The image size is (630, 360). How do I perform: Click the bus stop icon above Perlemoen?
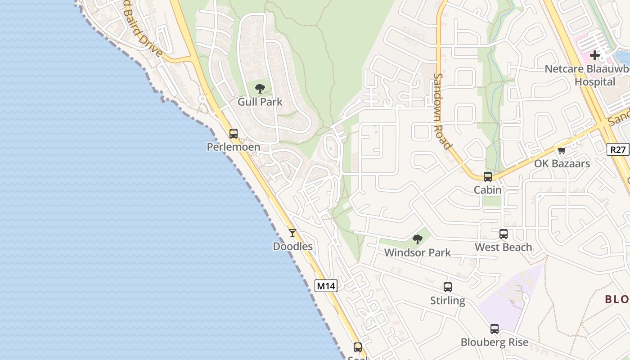point(233,134)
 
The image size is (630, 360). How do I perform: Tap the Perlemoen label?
point(233,147)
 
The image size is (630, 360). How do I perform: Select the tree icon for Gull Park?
point(260,89)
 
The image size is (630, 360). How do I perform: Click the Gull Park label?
point(260,102)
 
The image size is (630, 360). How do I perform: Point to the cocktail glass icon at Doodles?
point(292,233)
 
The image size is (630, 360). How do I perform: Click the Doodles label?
point(292,247)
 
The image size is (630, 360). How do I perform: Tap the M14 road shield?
point(326,286)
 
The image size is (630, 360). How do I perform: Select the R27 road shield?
point(618,150)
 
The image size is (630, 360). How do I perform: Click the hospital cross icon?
point(595,56)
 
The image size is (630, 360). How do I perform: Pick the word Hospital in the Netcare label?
point(594,82)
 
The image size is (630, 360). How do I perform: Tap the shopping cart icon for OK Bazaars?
point(562,150)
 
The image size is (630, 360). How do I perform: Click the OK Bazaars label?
point(562,164)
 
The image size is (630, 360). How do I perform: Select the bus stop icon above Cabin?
point(488,177)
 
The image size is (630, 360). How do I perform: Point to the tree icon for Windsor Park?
point(418,239)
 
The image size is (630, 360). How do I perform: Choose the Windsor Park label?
point(418,253)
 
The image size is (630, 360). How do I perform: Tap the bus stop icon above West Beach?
point(503,234)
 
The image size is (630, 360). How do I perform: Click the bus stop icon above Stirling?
point(447,287)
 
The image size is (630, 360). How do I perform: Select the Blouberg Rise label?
point(494,342)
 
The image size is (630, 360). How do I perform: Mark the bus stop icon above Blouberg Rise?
point(494,329)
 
